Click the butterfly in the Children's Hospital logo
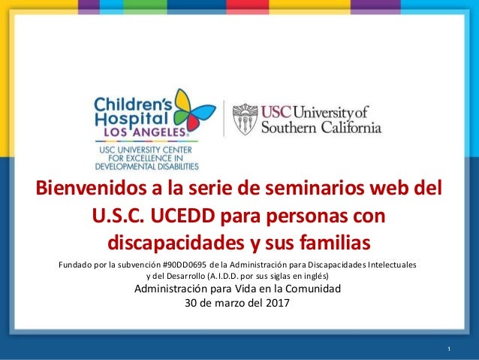click(x=192, y=110)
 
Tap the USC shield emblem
click(x=245, y=119)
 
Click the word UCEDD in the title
click(x=182, y=216)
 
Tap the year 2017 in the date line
click(x=277, y=303)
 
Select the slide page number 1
click(x=449, y=349)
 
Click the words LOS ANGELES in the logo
click(x=145, y=132)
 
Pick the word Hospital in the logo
click(x=131, y=119)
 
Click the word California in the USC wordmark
click(x=351, y=127)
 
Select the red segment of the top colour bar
click(x=248, y=7)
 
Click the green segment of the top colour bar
click(x=146, y=7)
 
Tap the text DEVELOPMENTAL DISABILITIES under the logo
click(x=147, y=167)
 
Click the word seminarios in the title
click(x=315, y=188)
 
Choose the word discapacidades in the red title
click(x=176, y=242)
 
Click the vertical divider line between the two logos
click(x=224, y=118)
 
